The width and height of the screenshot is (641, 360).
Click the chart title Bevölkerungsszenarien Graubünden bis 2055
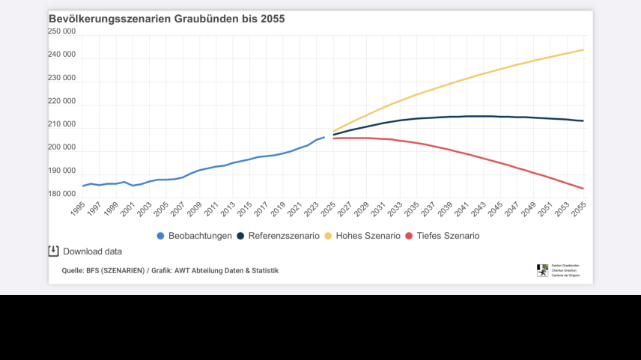coord(166,19)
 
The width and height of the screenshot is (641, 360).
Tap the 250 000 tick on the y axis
coord(61,31)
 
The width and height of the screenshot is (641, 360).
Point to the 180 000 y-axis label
coord(61,194)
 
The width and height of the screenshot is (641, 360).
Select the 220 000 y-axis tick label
coord(61,101)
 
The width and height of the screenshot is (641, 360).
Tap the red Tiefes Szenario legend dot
coord(409,236)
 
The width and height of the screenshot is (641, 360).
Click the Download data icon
coord(53,251)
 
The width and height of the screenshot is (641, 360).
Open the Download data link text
coord(92,251)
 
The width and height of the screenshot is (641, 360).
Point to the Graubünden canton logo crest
coord(542,270)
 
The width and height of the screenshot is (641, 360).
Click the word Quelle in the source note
coord(72,270)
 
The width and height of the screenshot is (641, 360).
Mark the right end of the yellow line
coord(583,50)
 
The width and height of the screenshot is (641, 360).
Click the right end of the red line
coord(583,189)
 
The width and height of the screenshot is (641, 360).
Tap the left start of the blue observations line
coord(83,186)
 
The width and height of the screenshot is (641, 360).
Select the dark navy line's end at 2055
coord(583,121)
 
